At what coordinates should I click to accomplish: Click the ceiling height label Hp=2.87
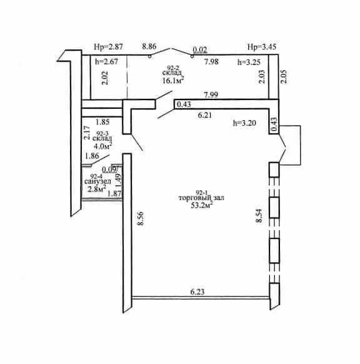click(x=108, y=47)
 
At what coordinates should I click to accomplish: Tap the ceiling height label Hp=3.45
click(x=262, y=47)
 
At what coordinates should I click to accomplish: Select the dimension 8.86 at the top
click(x=149, y=46)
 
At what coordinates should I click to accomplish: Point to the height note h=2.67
click(x=107, y=62)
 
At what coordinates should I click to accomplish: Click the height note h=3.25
click(x=249, y=62)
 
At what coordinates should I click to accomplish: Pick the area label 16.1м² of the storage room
click(x=173, y=80)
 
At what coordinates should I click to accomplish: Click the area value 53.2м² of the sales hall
click(x=202, y=205)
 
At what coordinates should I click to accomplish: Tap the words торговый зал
click(x=201, y=198)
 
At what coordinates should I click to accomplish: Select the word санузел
click(x=97, y=181)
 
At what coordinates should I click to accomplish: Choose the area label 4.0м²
click(x=102, y=146)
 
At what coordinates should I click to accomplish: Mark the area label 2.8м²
click(x=97, y=189)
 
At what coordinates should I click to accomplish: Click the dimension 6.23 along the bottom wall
click(x=197, y=292)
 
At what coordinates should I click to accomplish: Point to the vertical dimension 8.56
click(x=141, y=218)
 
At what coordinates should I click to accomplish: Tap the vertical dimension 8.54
click(x=259, y=216)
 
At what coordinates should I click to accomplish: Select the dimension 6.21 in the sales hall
click(x=205, y=115)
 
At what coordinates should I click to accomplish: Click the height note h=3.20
click(x=244, y=123)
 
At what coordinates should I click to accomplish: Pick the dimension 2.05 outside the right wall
click(x=284, y=77)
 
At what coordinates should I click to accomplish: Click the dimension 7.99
click(x=211, y=94)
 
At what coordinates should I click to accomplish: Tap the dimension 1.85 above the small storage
click(x=102, y=122)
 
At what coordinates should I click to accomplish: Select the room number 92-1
click(x=202, y=193)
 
